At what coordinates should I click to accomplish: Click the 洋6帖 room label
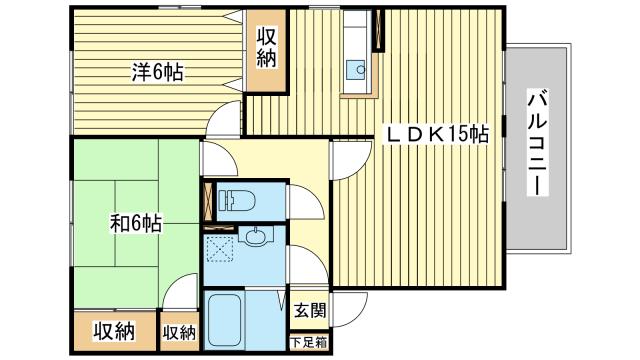[x=159, y=71]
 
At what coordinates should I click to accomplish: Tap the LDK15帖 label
[x=438, y=134]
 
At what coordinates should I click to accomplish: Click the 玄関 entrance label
[x=309, y=310]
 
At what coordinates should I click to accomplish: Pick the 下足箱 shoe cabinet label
[x=309, y=343]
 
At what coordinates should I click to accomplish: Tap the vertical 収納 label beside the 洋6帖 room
[x=267, y=48]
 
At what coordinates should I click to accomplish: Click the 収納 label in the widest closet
[x=114, y=331]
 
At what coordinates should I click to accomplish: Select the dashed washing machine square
[x=221, y=245]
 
